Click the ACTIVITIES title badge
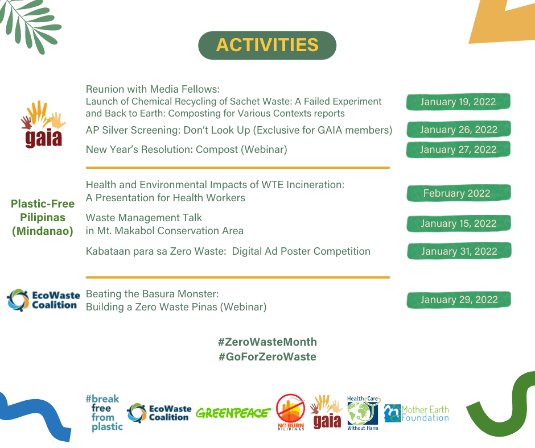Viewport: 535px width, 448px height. (x=267, y=45)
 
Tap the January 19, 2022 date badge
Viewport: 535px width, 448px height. (x=458, y=102)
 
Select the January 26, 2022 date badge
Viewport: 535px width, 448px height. (x=458, y=130)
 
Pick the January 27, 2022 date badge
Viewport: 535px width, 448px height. (x=458, y=150)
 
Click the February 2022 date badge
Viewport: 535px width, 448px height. (x=459, y=193)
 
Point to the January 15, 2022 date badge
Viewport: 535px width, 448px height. (x=459, y=223)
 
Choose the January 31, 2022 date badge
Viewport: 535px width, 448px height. (x=459, y=251)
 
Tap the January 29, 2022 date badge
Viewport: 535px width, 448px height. (x=459, y=300)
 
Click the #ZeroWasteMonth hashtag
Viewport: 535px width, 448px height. (x=267, y=342)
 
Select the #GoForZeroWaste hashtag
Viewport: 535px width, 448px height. (x=267, y=357)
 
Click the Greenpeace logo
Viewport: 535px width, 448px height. (x=233, y=413)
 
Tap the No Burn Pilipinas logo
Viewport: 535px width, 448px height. (x=291, y=412)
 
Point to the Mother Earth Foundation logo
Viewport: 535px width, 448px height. (x=416, y=413)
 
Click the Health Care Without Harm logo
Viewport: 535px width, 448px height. (x=363, y=413)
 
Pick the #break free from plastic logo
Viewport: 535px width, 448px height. (x=104, y=413)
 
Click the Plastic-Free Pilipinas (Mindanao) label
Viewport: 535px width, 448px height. (x=43, y=218)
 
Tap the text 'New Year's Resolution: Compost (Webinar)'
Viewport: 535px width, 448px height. (x=186, y=150)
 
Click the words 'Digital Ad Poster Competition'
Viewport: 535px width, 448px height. (x=301, y=251)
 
